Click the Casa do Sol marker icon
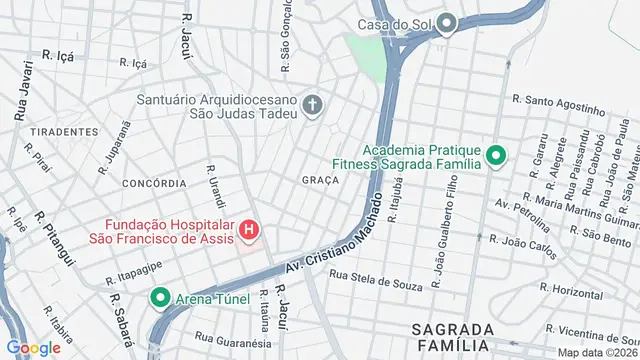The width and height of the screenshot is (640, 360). [447, 23]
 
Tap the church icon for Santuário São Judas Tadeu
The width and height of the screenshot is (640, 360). [313, 105]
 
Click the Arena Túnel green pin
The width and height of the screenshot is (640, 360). [160, 297]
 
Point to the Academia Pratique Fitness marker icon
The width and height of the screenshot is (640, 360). [496, 155]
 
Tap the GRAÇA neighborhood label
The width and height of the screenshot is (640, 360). [320, 180]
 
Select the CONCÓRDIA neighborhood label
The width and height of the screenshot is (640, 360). [153, 184]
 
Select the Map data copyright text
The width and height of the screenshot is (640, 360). [597, 352]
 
